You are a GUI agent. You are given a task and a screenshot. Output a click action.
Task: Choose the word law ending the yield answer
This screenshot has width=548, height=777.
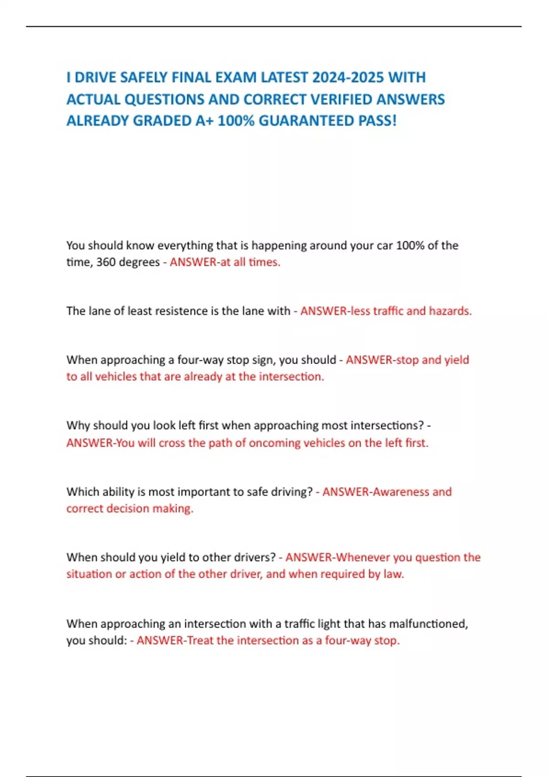coord(393,574)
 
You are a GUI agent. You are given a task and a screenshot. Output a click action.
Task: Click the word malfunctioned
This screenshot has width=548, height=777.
coord(428,624)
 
